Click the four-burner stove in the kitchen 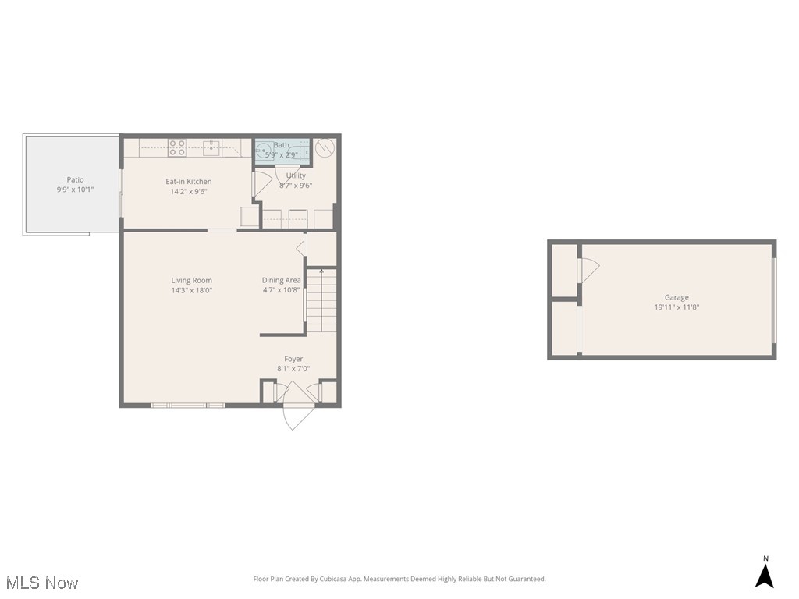click(177, 147)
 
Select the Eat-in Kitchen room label click(189, 182)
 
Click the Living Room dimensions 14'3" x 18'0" click(192, 290)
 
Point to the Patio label click(75, 180)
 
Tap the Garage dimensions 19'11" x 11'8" click(676, 307)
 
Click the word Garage click(676, 297)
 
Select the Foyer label click(293, 359)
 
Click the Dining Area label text click(282, 280)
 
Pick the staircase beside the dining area click(321, 300)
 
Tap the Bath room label click(281, 145)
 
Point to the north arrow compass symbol click(765, 574)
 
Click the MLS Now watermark click(42, 582)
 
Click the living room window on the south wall click(188, 405)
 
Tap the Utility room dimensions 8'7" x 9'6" click(296, 186)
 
